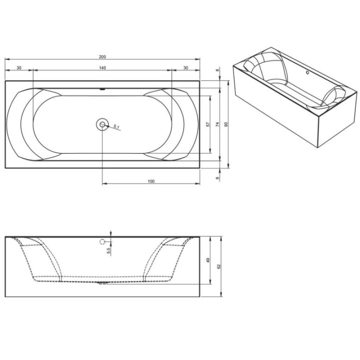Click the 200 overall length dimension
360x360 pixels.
click(x=102, y=56)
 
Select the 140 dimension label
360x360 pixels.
click(x=102, y=67)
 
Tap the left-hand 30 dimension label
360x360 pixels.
click(x=19, y=67)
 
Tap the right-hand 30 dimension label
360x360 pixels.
click(x=185, y=67)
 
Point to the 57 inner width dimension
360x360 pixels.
click(x=208, y=124)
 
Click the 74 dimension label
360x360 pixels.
click(x=217, y=124)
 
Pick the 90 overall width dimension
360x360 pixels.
click(x=226, y=124)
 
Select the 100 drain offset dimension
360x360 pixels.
click(x=151, y=181)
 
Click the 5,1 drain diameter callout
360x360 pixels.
click(x=116, y=126)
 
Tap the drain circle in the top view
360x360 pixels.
click(x=102, y=124)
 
